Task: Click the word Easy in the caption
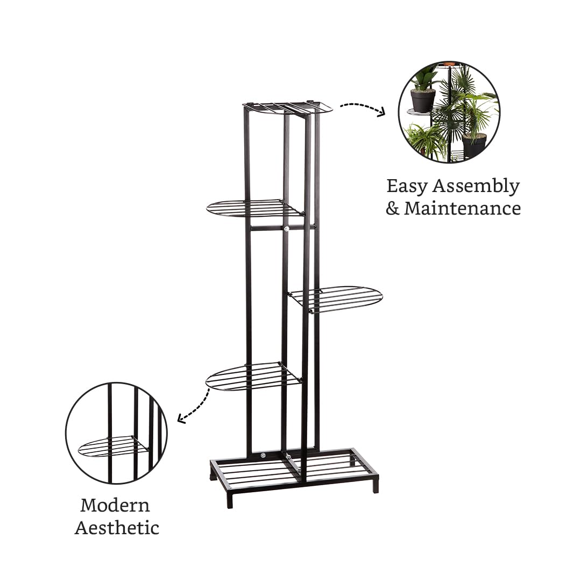407,186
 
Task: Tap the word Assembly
476,186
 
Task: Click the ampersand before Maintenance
392,208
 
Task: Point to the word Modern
115,505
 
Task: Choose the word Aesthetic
117,527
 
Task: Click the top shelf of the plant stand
287,107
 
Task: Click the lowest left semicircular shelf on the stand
254,375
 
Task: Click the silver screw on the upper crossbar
286,230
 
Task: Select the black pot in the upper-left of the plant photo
423,101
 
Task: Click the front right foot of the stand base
375,484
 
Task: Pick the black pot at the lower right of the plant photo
474,145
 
